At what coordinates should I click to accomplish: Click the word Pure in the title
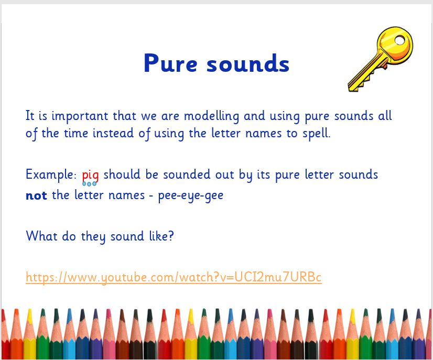170,63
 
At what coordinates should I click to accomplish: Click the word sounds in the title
248,63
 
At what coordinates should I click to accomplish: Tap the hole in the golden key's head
399,40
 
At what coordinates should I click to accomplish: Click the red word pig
90,176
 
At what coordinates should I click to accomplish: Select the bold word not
36,195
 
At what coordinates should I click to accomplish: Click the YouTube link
174,277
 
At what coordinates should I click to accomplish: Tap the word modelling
212,116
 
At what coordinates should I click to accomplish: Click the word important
80,116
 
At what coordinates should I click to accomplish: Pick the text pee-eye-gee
190,196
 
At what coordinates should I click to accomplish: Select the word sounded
187,174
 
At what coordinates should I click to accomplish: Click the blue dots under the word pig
89,184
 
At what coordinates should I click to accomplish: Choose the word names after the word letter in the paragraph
264,134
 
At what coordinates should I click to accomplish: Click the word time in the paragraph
75,133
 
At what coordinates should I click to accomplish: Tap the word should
122,174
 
